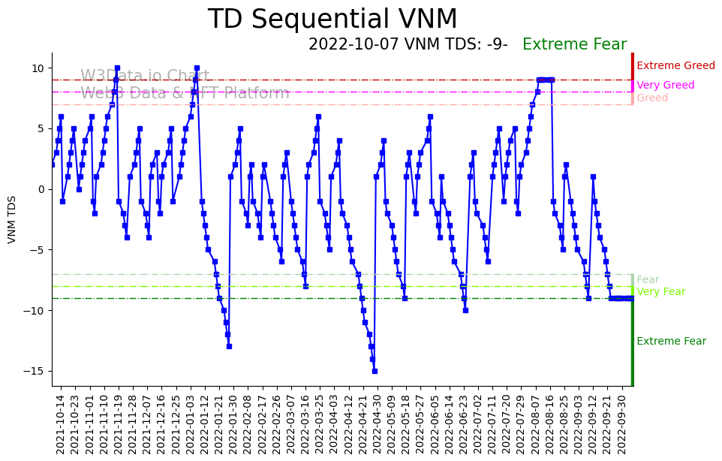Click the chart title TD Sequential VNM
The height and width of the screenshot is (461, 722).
coord(332,20)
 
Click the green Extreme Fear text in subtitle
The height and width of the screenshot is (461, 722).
coord(574,45)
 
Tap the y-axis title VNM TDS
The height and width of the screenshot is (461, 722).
coord(12,219)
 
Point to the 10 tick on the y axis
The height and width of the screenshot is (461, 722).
coord(37,68)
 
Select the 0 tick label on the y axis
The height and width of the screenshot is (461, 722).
coord(41,189)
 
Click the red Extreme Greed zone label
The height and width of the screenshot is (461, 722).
coord(675,66)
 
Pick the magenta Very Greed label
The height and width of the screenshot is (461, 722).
coord(665,86)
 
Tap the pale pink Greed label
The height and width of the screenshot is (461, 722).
coord(651,98)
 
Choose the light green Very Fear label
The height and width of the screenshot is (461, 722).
coord(660,292)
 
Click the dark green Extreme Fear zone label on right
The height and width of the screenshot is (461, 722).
coord(671,342)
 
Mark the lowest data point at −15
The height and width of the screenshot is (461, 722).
coord(375,371)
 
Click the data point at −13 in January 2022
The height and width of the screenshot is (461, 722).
coord(229,346)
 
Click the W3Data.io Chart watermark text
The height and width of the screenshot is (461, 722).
coord(145,77)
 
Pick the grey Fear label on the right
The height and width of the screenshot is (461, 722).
coord(648,280)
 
